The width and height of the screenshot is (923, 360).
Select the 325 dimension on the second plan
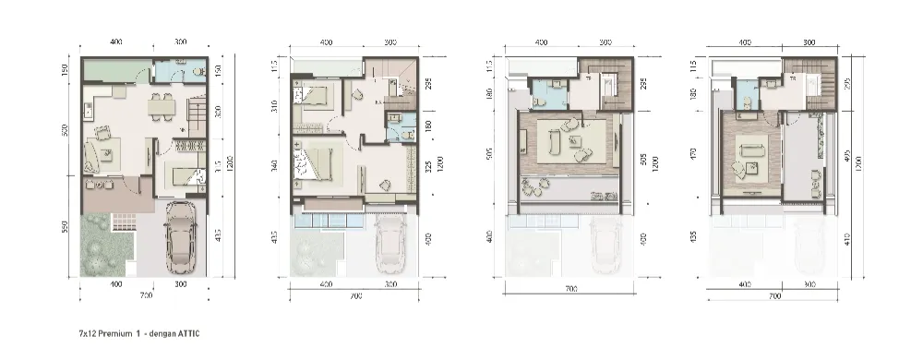coord(427,168)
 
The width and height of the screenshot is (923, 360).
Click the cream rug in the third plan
coord(567,143)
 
